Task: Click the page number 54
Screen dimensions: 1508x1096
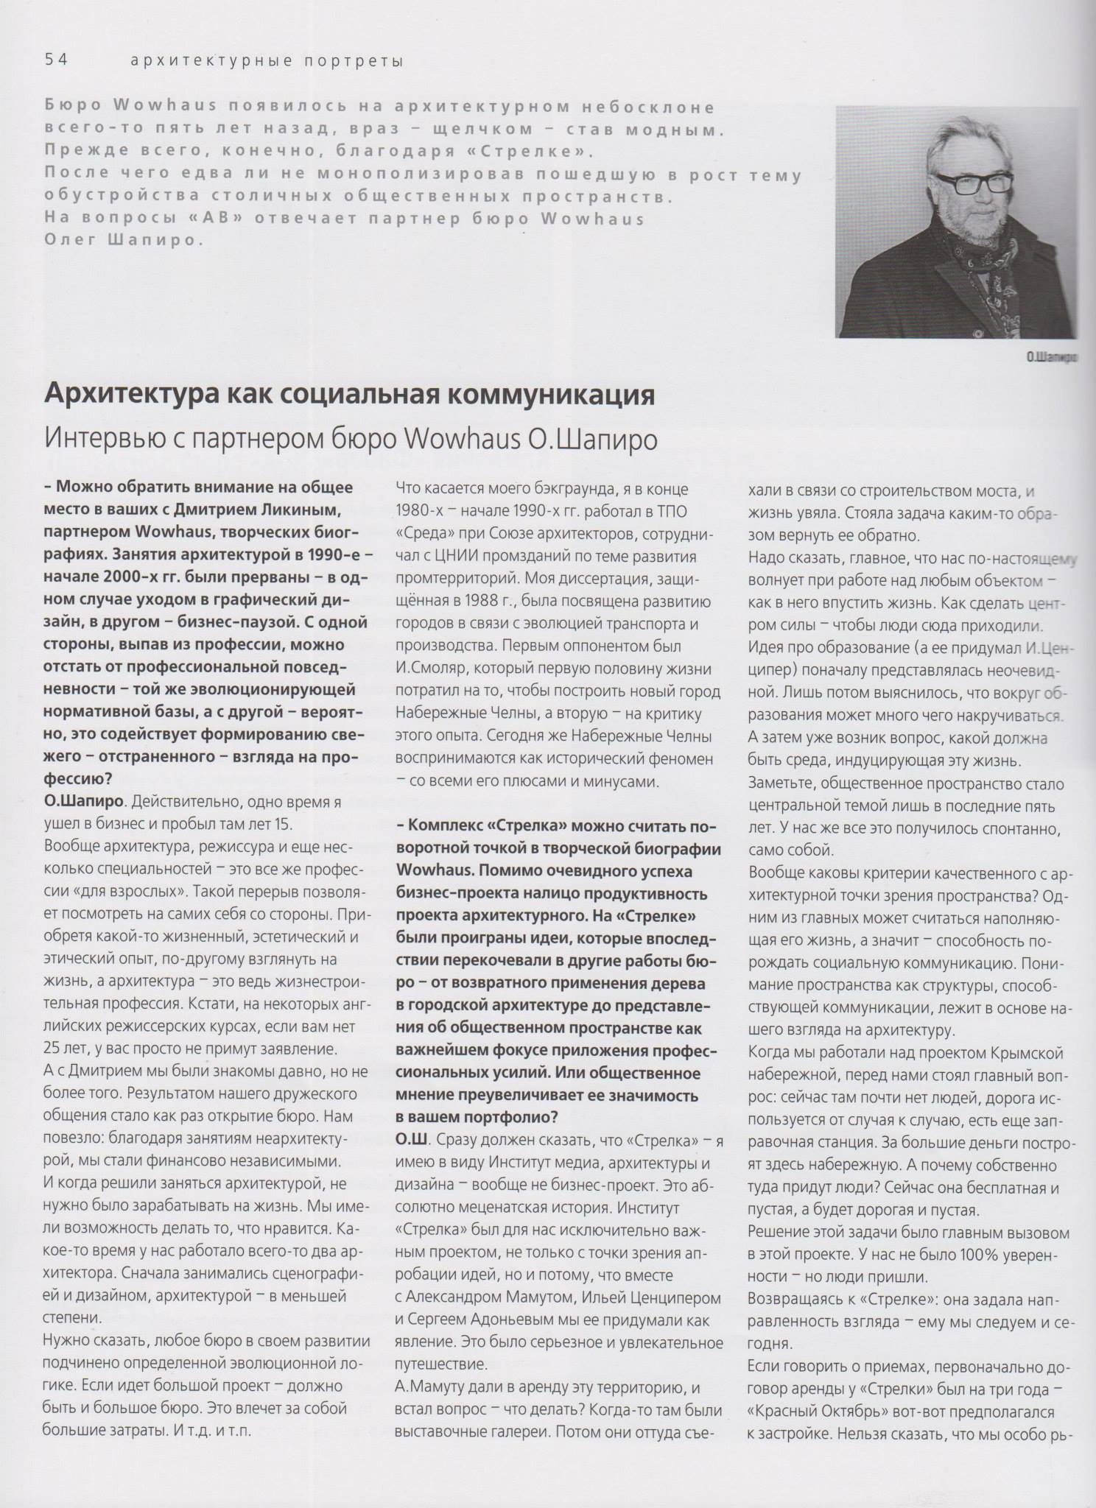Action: (56, 60)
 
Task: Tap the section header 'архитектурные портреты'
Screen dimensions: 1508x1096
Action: (267, 60)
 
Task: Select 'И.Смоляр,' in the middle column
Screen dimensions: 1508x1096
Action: (434, 669)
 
